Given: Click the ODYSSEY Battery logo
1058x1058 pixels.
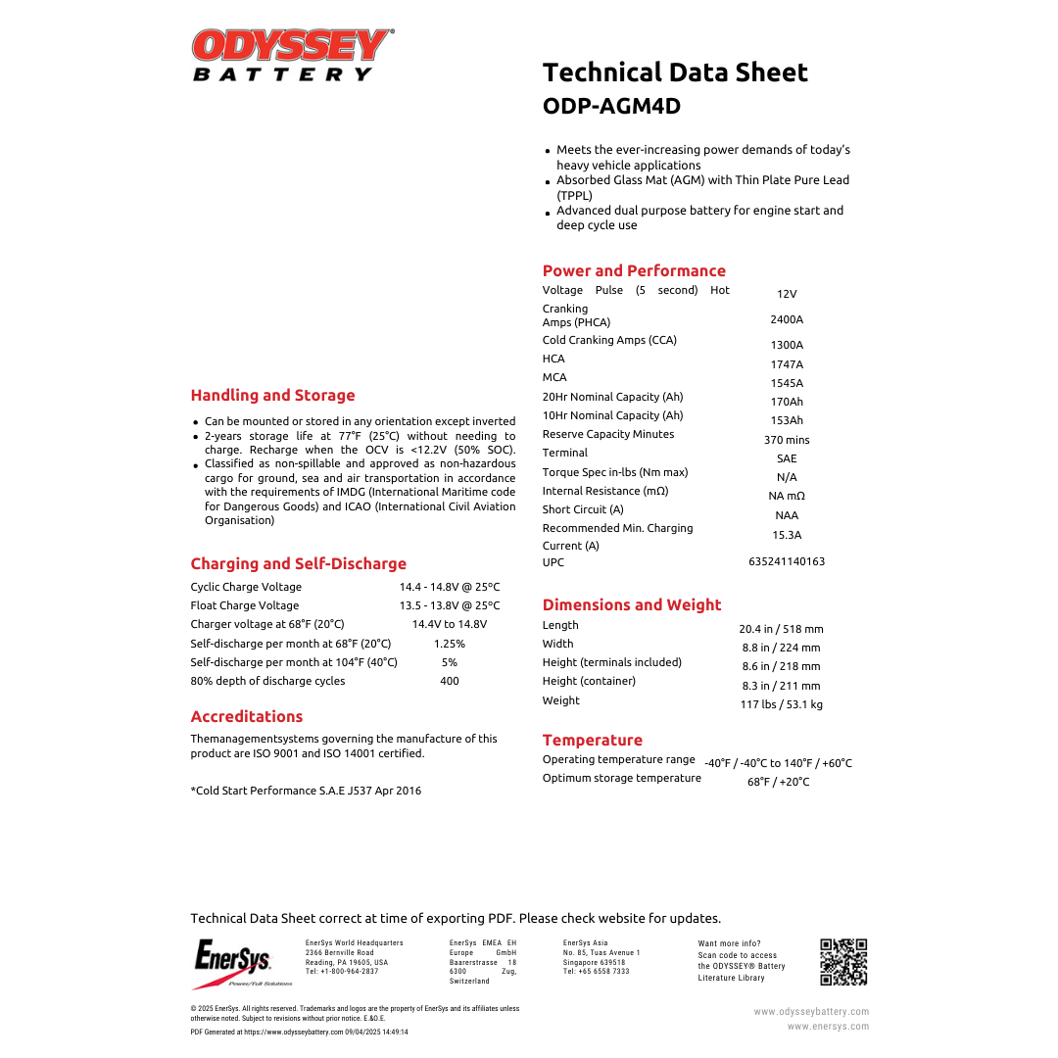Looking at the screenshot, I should pyautogui.click(x=293, y=55).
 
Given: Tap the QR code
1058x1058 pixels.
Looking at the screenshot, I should pyautogui.click(x=843, y=961).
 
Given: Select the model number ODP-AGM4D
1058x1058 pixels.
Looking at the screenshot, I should pyautogui.click(x=611, y=106).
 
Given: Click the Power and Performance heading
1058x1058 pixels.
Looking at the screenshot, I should pyautogui.click(x=634, y=271).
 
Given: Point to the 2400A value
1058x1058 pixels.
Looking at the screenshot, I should pyautogui.click(x=787, y=319).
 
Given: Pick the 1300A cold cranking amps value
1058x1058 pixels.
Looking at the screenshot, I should pyautogui.click(x=787, y=345).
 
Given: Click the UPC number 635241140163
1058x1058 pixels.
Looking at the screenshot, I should pyautogui.click(x=787, y=561).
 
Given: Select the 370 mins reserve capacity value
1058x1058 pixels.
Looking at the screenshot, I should pyautogui.click(x=787, y=440).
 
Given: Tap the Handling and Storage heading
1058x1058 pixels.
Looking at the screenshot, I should pyautogui.click(x=272, y=396).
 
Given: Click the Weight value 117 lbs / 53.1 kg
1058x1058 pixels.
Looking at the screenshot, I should pyautogui.click(x=781, y=704).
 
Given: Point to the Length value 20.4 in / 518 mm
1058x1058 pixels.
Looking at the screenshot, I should pyautogui.click(x=781, y=629).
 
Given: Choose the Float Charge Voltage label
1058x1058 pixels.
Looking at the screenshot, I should pyautogui.click(x=245, y=605).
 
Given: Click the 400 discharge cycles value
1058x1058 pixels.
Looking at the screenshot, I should pyautogui.click(x=450, y=681).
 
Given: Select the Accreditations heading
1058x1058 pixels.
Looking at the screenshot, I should pyautogui.click(x=247, y=717).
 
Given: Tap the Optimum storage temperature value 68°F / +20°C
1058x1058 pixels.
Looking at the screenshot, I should pyautogui.click(x=779, y=782).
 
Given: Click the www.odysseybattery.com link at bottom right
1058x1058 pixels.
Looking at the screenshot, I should pyautogui.click(x=811, y=1011).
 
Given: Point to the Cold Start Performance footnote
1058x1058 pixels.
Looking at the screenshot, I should pyautogui.click(x=306, y=791).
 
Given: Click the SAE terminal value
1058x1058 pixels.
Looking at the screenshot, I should pyautogui.click(x=787, y=458).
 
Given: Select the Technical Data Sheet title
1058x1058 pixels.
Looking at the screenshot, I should pyautogui.click(x=675, y=72).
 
